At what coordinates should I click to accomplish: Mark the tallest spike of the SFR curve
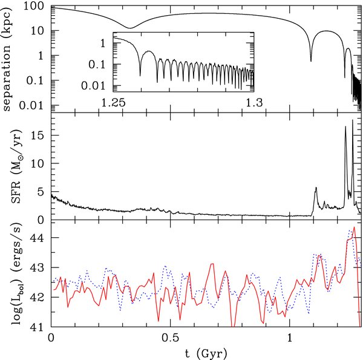[x=352, y=120]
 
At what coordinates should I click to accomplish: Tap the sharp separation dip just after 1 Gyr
[x=311, y=61]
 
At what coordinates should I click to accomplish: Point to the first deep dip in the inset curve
[x=140, y=74]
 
